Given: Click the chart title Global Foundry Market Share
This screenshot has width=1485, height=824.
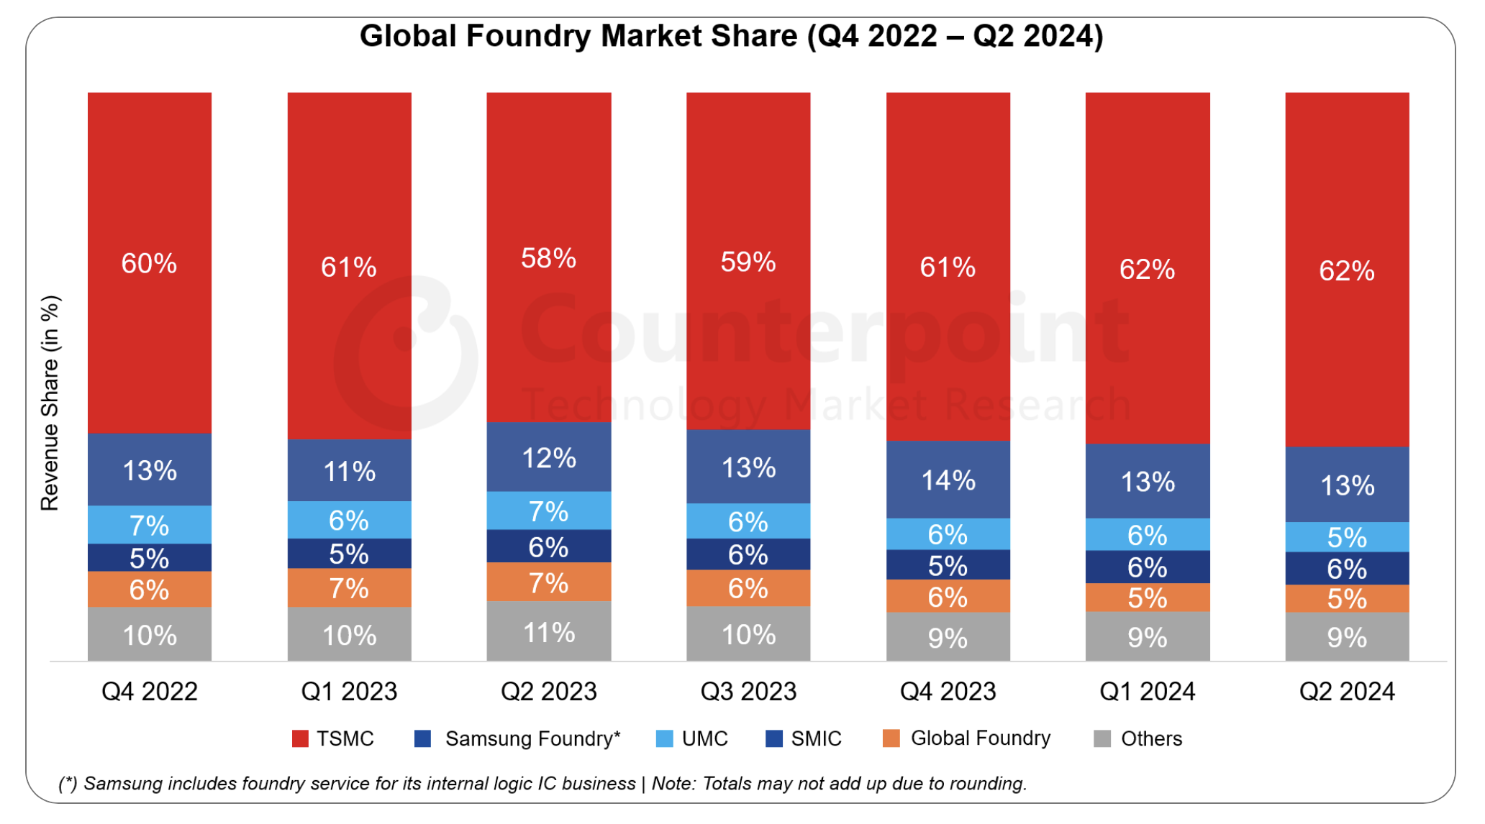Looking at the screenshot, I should (x=731, y=36).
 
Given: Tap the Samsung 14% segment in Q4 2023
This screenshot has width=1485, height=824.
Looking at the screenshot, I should (x=948, y=480).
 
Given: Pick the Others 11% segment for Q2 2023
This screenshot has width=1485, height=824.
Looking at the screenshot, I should (x=548, y=632).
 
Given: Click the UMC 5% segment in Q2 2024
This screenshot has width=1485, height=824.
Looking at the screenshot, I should (x=1347, y=537).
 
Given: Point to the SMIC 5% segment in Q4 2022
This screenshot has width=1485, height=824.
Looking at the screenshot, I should (x=149, y=558).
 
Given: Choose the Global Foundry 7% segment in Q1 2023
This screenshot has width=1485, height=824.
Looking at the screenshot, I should (x=349, y=588).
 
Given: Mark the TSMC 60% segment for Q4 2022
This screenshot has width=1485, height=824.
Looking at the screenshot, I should (x=149, y=263).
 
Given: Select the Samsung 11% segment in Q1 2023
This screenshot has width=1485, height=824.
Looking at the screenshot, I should (x=349, y=471).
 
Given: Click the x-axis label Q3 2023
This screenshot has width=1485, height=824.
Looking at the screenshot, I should (x=748, y=691).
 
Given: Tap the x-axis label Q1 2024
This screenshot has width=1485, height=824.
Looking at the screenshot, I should (x=1148, y=691).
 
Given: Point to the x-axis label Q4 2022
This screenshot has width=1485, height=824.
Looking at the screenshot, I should (x=149, y=691).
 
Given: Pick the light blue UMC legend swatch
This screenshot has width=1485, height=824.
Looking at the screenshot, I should (x=665, y=738).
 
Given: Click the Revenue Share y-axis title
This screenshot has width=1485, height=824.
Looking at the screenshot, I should (x=50, y=403).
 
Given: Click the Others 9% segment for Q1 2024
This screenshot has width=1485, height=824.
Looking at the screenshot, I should (x=1148, y=637).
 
